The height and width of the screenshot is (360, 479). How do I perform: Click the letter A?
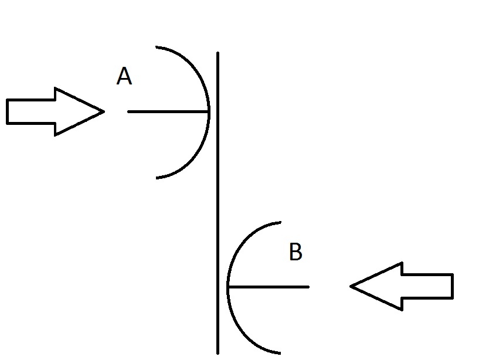pos(124,76)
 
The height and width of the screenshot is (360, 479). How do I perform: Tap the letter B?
pos(295,252)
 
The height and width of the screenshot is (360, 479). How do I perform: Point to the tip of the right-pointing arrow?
pos(104,111)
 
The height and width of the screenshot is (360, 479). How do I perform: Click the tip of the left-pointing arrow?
pos(351,286)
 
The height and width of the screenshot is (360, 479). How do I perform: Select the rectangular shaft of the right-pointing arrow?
pos(31,111)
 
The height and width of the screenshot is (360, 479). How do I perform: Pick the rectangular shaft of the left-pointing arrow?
pos(427,286)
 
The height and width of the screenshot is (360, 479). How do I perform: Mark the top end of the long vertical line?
pos(218,53)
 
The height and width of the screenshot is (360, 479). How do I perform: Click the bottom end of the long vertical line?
pos(218,354)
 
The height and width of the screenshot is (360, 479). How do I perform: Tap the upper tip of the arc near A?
pos(157,47)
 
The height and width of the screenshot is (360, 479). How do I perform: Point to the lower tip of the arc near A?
pos(157,178)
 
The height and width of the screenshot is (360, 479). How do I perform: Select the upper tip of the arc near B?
pos(280,222)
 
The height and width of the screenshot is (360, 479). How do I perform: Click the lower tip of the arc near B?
pos(280,354)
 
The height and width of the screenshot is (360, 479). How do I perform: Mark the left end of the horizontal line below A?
pos(128,112)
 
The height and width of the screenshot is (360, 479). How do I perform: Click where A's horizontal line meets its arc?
pos(209,112)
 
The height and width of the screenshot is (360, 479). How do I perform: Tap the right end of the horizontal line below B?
pos(308,287)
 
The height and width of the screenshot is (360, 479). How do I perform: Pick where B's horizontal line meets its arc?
pos(228,287)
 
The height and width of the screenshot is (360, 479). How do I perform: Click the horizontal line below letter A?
pos(168,112)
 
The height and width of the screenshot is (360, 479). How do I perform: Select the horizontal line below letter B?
pos(268,287)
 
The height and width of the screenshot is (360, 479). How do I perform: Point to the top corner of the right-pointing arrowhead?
pos(55,88)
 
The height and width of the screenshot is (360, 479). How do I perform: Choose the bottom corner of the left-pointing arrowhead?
pos(402,310)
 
